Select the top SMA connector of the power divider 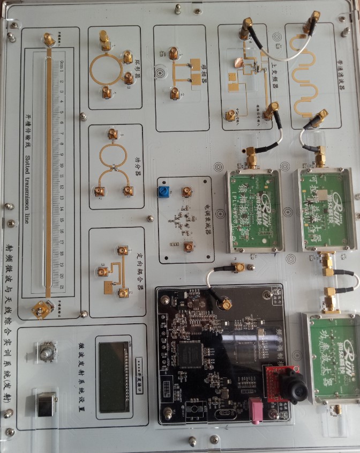tap(112, 134)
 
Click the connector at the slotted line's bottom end tap(41, 308)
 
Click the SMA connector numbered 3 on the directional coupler tap(102, 272)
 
